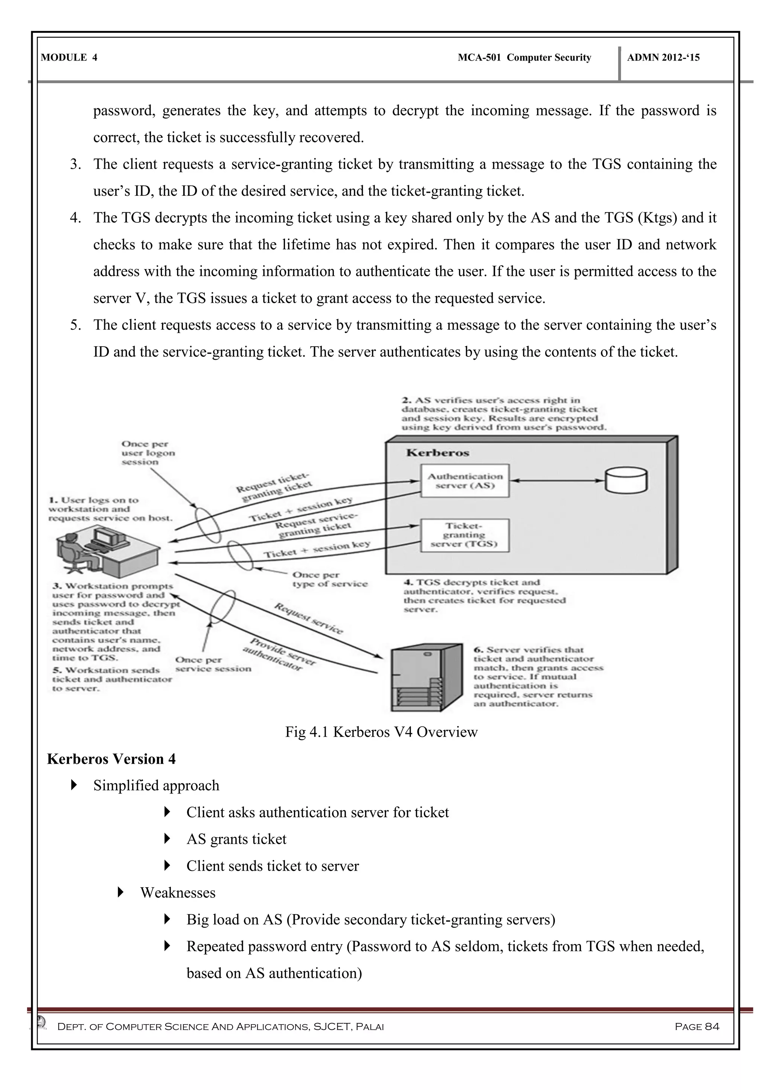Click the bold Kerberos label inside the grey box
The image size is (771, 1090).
[x=437, y=452]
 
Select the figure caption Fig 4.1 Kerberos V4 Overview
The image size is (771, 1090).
[x=381, y=732]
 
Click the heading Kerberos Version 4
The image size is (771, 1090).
[x=111, y=759]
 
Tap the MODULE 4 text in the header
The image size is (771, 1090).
[x=69, y=58]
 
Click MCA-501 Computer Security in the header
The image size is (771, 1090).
[x=524, y=58]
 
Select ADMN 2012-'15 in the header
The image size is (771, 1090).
[x=663, y=58]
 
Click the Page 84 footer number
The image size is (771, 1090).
[x=696, y=1026]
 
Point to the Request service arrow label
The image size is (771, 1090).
[x=308, y=618]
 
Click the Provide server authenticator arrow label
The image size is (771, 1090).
[x=278, y=654]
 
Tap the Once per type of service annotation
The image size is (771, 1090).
[x=329, y=579]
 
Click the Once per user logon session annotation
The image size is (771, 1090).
[x=148, y=452]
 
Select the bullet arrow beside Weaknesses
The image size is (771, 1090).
[x=120, y=892]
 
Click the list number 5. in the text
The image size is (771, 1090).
[x=76, y=325]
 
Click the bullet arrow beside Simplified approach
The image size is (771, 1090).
[x=74, y=785]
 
